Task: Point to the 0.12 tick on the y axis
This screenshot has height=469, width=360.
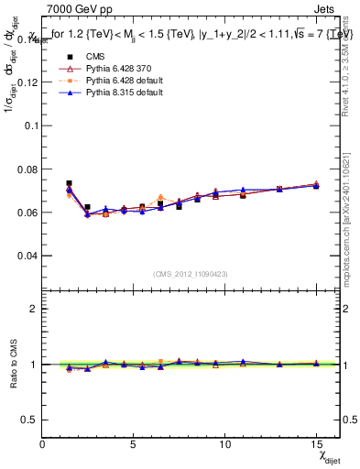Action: click(28, 82)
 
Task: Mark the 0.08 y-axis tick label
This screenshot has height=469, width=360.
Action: click(28, 169)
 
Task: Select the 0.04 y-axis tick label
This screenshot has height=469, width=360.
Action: click(28, 256)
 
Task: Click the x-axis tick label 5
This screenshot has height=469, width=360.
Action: click(135, 443)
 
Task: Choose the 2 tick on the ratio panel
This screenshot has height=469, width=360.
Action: click(35, 309)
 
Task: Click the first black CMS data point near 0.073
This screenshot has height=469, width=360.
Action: click(69, 183)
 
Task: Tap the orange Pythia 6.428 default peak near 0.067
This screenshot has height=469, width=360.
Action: click(160, 197)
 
